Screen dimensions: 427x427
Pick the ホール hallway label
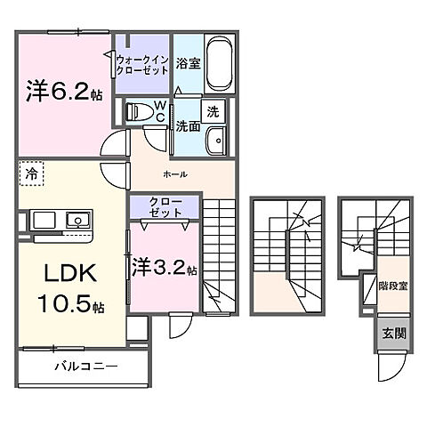pyautogui.click(x=174, y=175)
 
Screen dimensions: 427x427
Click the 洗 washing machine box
pyautogui.click(x=213, y=112)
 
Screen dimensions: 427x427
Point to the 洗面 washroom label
pyautogui.click(x=186, y=125)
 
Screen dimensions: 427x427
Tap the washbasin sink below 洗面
pyautogui.click(x=214, y=141)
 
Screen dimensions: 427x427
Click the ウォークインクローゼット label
pyautogui.click(x=141, y=61)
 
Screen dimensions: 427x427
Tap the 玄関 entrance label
pyautogui.click(x=392, y=334)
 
